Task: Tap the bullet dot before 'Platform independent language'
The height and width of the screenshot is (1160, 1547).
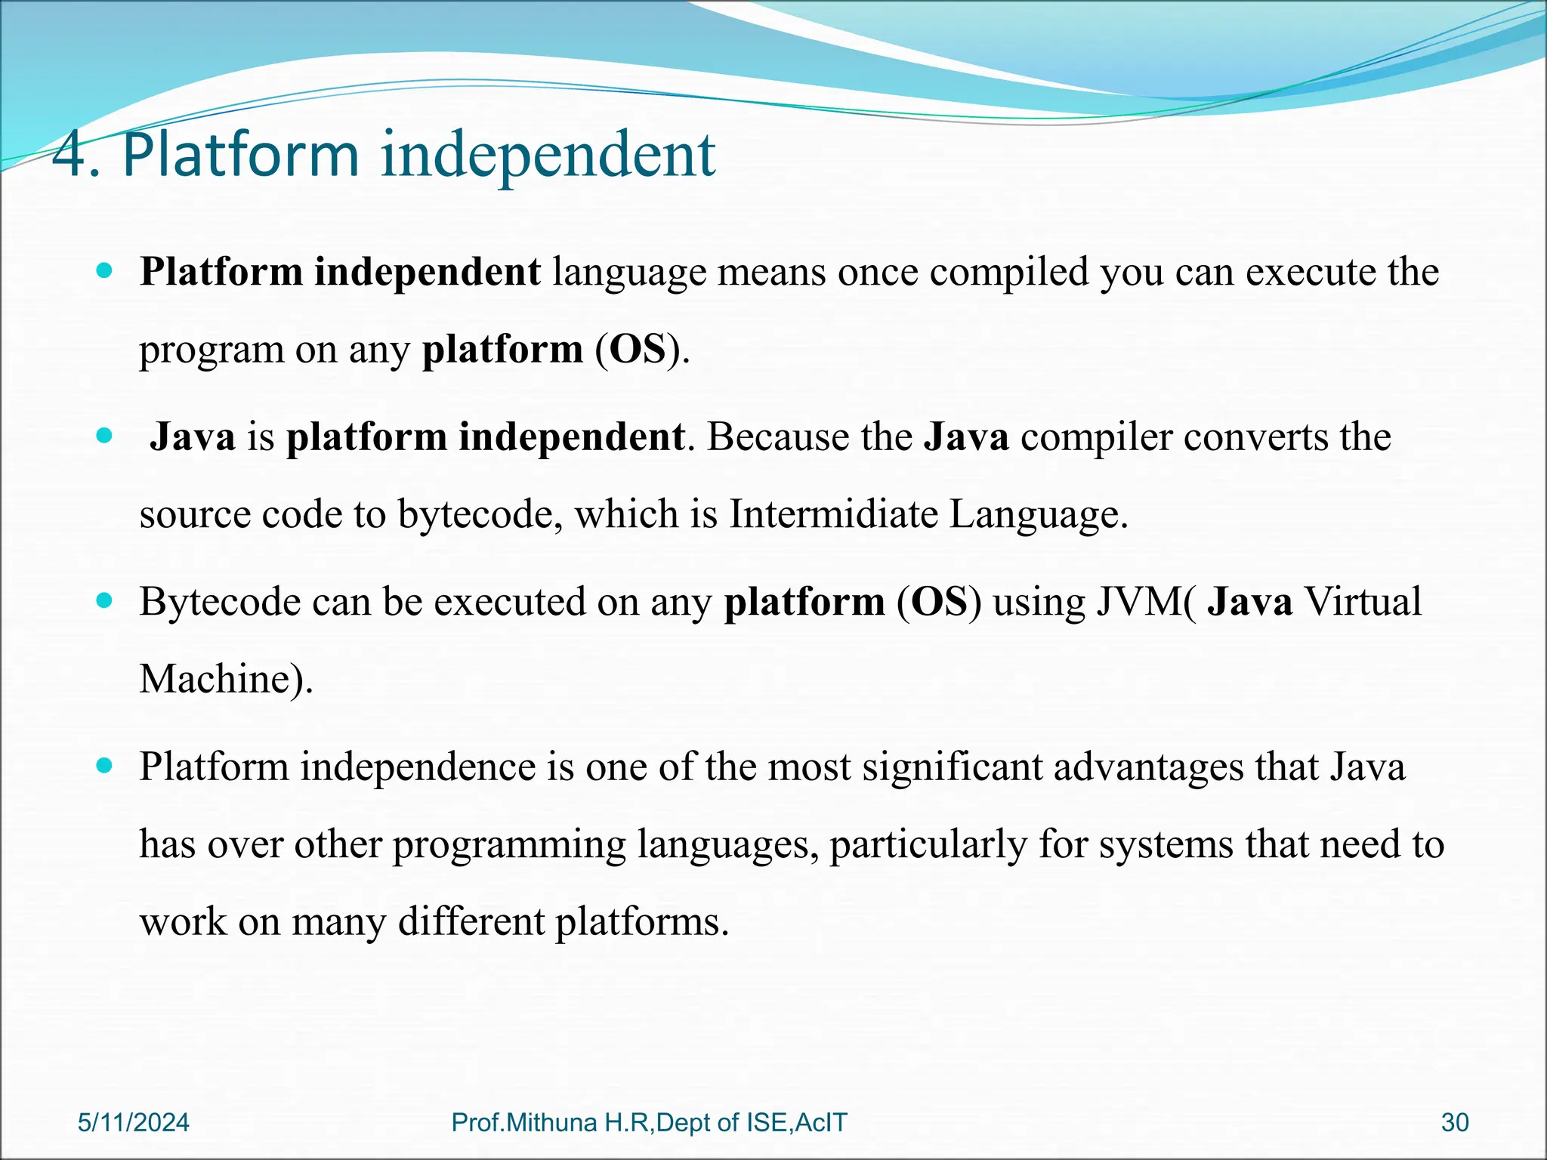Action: tap(105, 270)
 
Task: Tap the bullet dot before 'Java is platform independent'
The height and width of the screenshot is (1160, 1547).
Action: tap(105, 435)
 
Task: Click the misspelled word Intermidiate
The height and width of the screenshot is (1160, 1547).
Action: tap(833, 514)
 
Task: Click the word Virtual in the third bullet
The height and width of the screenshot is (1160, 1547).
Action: tap(1363, 603)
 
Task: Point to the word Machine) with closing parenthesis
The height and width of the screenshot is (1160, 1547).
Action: tap(226, 679)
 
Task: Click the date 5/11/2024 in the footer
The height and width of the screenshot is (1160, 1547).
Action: tap(134, 1122)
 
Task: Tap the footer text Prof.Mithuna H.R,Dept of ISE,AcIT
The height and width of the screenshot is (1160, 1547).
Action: tap(649, 1122)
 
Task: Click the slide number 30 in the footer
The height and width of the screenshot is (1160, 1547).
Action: tap(1454, 1122)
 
